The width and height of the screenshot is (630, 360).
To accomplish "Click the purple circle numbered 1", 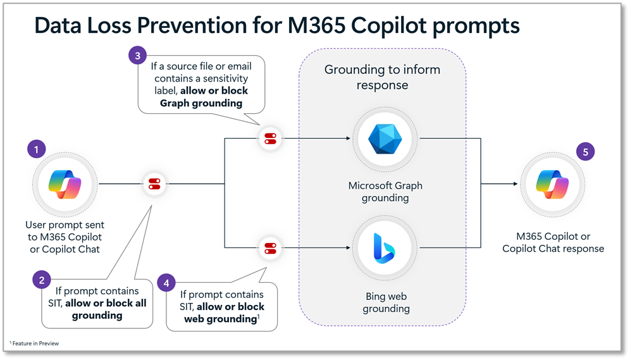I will click(37, 150).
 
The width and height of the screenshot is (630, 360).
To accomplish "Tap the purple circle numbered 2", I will click(42, 280).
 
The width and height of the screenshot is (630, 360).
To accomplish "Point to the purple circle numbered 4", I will click(166, 283).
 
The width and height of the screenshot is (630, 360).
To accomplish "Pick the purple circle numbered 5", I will click(586, 152).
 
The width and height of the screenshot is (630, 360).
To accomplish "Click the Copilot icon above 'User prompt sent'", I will click(65, 184).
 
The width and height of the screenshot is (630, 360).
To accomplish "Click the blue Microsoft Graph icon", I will click(385, 138).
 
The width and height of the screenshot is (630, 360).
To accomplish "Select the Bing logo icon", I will click(385, 247).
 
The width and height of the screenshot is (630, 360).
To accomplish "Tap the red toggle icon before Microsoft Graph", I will click(270, 138).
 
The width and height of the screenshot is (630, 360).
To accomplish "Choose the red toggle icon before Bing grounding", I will click(270, 247).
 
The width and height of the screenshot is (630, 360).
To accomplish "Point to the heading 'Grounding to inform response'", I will click(382, 77).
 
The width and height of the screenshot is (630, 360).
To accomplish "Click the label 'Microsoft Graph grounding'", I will click(385, 192).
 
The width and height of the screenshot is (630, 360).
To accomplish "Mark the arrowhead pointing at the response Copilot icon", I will click(515, 184).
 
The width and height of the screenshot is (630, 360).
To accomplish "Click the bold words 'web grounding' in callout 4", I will click(219, 319).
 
